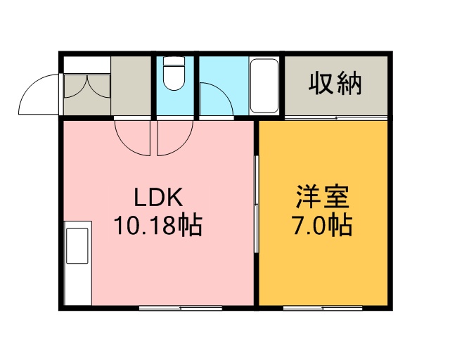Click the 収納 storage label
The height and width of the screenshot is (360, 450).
click(335, 84)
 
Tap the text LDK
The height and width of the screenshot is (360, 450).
click(158, 197)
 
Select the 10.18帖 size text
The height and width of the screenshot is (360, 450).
click(158, 224)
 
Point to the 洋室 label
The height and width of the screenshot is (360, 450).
click(323, 197)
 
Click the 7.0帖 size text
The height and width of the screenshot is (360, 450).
click(322, 225)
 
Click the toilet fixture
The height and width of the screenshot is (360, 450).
click(174, 73)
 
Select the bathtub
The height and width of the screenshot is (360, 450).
click(264, 86)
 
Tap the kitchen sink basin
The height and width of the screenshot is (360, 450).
click(77, 245)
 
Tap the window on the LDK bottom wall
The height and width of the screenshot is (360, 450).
click(181, 309)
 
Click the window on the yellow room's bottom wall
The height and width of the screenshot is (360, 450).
click(323, 309)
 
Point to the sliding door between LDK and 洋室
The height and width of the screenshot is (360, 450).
click(257, 204)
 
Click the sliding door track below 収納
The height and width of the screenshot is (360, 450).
click(336, 117)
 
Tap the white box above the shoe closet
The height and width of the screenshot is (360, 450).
click(86, 65)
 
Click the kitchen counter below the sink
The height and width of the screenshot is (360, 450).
click(77, 285)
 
